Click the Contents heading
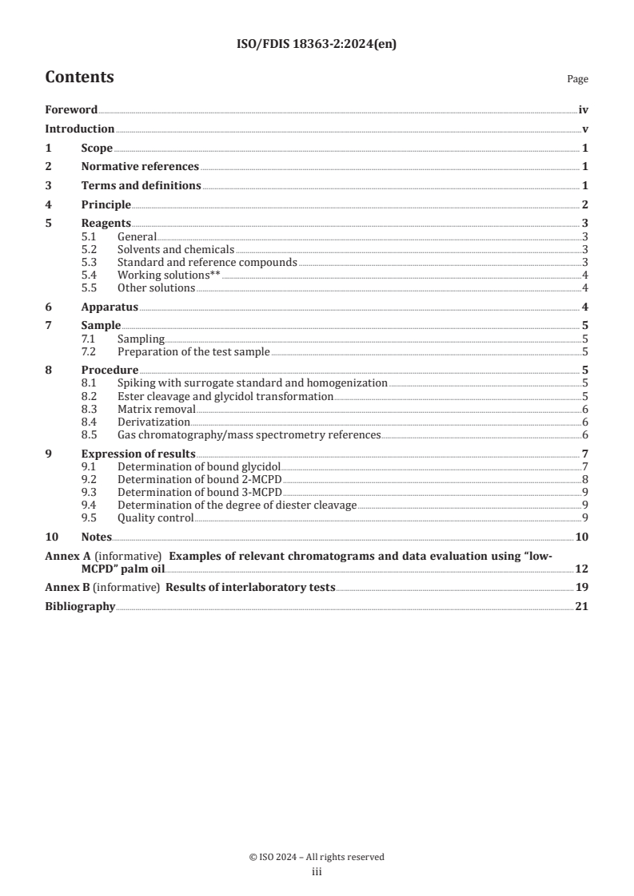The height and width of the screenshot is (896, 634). pyautogui.click(x=79, y=77)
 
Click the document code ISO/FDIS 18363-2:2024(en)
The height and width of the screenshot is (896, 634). pyautogui.click(x=317, y=45)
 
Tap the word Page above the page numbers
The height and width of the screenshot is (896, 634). pyautogui.click(x=577, y=80)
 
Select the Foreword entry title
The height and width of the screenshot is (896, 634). pyautogui.click(x=71, y=110)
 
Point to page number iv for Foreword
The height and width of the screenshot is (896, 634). pyautogui.click(x=584, y=110)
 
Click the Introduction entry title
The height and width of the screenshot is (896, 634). pyautogui.click(x=79, y=129)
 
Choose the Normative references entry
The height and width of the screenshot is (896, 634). pyautogui.click(x=140, y=167)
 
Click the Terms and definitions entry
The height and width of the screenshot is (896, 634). pyautogui.click(x=141, y=186)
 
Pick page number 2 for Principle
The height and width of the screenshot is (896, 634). pyautogui.click(x=585, y=205)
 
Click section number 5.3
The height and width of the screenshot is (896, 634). pyautogui.click(x=91, y=262)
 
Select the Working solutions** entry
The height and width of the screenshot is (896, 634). pyautogui.click(x=169, y=275)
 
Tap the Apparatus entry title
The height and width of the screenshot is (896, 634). pyautogui.click(x=110, y=307)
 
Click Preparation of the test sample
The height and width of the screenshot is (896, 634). pyautogui.click(x=193, y=351)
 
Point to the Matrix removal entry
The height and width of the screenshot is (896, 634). pyautogui.click(x=156, y=409)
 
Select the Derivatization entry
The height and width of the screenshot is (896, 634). pyautogui.click(x=154, y=422)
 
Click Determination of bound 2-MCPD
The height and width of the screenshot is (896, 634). pyautogui.click(x=199, y=479)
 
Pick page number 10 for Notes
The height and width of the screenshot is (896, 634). pyautogui.click(x=582, y=537)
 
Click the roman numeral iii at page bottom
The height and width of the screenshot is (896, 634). pyautogui.click(x=317, y=873)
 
